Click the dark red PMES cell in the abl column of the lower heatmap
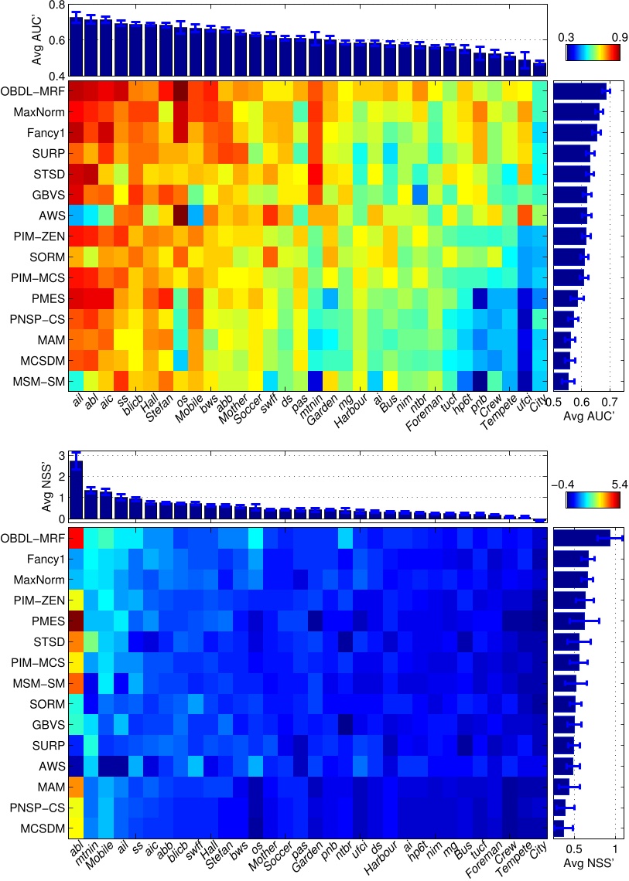[x=77, y=620]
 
